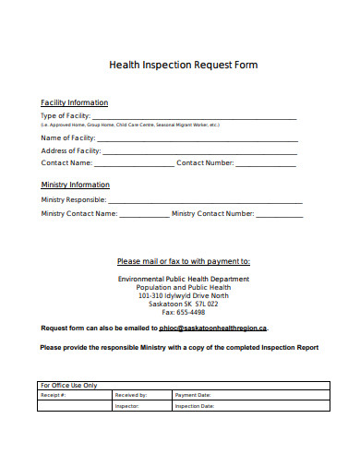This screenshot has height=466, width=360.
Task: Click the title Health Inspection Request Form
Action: click(x=183, y=66)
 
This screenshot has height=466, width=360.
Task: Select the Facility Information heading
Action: click(x=75, y=102)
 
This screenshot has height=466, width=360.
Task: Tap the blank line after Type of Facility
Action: click(x=195, y=117)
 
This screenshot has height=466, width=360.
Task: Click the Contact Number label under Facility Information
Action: click(x=205, y=163)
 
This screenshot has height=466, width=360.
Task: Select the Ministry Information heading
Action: click(x=76, y=185)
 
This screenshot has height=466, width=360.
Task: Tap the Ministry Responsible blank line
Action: click(x=205, y=200)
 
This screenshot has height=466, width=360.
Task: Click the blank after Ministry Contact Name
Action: click(x=144, y=215)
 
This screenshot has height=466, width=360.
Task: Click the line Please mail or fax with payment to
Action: click(x=184, y=261)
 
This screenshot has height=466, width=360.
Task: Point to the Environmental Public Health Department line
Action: click(x=184, y=279)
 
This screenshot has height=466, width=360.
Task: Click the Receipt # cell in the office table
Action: click(x=73, y=395)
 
